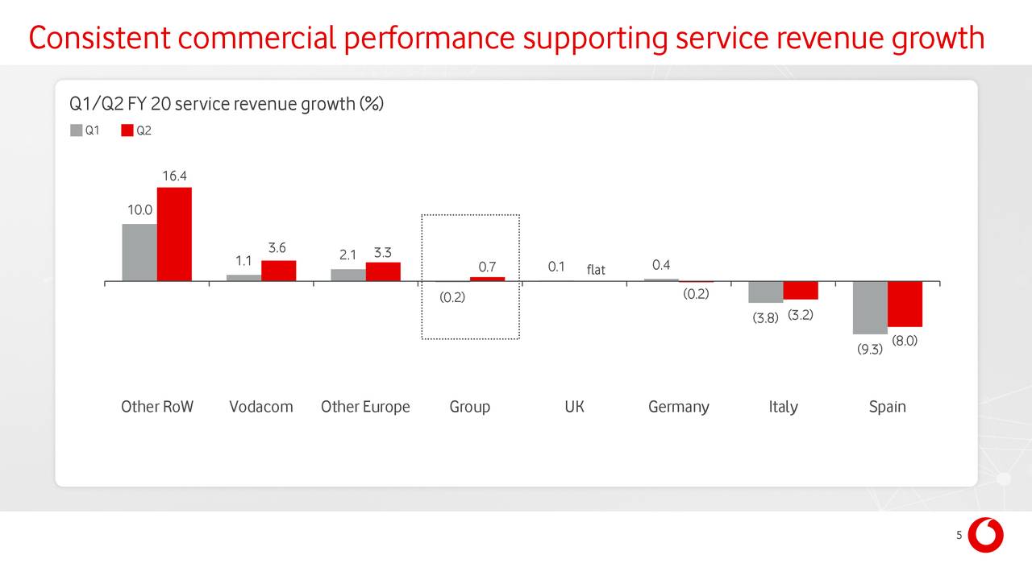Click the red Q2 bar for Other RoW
pyautogui.click(x=174, y=234)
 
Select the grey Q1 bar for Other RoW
pyautogui.click(x=139, y=252)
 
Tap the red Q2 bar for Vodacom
pyautogui.click(x=278, y=271)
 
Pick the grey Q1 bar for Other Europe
pyautogui.click(x=348, y=275)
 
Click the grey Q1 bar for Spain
pyautogui.click(x=870, y=308)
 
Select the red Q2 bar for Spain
pyautogui.click(x=905, y=304)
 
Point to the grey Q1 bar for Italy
pyautogui.click(x=765, y=292)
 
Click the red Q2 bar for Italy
pyautogui.click(x=801, y=290)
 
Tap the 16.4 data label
pyautogui.click(x=175, y=176)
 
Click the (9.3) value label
pyautogui.click(x=870, y=349)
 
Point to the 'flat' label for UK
pyautogui.click(x=596, y=270)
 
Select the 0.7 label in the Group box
pyautogui.click(x=487, y=267)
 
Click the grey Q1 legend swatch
pyautogui.click(x=77, y=130)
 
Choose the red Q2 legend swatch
pyautogui.click(x=127, y=130)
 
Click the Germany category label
pyautogui.click(x=678, y=407)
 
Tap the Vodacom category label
pyautogui.click(x=260, y=407)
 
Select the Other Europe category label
pyautogui.click(x=365, y=407)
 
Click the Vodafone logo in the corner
pyautogui.click(x=985, y=535)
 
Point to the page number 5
pyautogui.click(x=959, y=536)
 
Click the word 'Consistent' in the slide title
pyautogui.click(x=98, y=38)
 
